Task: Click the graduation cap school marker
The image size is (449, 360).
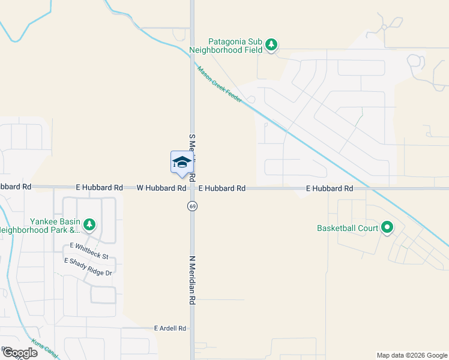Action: [x=181, y=162]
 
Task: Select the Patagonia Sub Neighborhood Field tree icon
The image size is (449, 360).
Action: [x=271, y=45]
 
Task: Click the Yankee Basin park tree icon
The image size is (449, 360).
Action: [x=89, y=225]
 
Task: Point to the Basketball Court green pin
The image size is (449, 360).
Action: [x=387, y=228]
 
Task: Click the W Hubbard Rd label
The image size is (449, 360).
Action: [x=161, y=188]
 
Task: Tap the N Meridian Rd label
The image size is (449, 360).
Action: [x=193, y=279]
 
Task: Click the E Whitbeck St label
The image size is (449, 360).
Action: [x=89, y=251]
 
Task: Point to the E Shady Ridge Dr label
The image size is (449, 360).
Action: [x=88, y=268]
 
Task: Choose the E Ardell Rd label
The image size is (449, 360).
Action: [x=170, y=329]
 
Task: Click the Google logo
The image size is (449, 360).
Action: [x=19, y=353]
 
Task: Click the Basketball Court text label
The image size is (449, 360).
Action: [x=347, y=228]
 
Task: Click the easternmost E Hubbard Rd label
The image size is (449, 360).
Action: [x=329, y=188]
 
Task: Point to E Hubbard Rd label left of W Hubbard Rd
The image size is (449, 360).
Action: [x=99, y=188]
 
